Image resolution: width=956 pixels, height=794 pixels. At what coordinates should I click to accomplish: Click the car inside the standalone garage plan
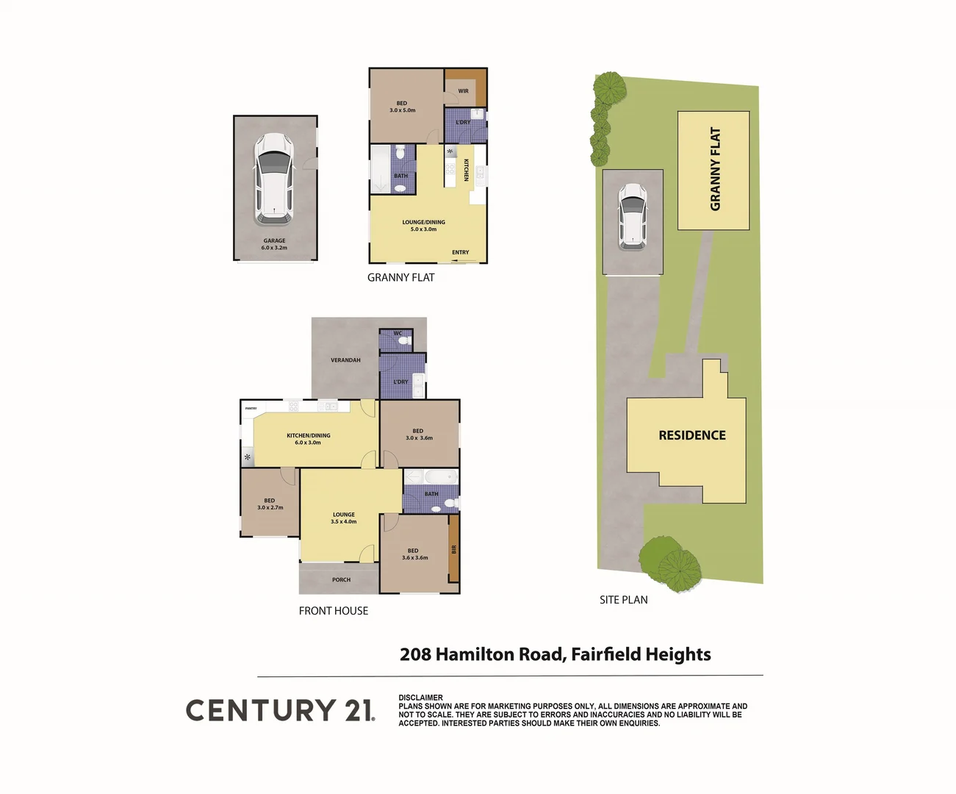pyautogui.click(x=274, y=179)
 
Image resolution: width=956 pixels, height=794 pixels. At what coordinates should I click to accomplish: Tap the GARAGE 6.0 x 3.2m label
pyautogui.click(x=274, y=244)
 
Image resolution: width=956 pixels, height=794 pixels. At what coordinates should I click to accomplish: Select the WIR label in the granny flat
pyautogui.click(x=463, y=91)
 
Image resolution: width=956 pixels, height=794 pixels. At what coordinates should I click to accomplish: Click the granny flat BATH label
pyautogui.click(x=400, y=176)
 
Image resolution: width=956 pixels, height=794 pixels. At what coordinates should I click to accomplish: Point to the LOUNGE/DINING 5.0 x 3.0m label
pyautogui.click(x=423, y=226)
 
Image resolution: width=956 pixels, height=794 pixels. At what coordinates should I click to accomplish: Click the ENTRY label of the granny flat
pyautogui.click(x=461, y=252)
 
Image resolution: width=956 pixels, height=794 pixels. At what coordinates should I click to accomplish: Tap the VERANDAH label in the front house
pyautogui.click(x=345, y=360)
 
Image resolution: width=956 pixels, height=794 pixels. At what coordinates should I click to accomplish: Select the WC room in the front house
pyautogui.click(x=398, y=339)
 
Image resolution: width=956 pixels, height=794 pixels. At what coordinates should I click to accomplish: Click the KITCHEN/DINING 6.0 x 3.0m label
pyautogui.click(x=309, y=439)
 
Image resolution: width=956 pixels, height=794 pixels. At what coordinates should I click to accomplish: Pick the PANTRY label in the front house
pyautogui.click(x=251, y=408)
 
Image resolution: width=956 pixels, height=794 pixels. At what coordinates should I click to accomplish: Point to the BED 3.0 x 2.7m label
pyautogui.click(x=270, y=504)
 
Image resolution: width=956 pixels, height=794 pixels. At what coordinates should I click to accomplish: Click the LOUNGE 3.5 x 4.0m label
pyautogui.click(x=344, y=518)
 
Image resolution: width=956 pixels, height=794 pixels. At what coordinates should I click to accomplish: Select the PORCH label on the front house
pyautogui.click(x=341, y=580)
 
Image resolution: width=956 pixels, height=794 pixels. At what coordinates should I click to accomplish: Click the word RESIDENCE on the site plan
pyautogui.click(x=691, y=435)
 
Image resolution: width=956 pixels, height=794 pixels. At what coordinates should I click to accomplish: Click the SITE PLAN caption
pyautogui.click(x=623, y=600)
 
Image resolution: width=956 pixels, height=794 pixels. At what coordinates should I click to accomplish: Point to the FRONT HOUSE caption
pyautogui.click(x=334, y=611)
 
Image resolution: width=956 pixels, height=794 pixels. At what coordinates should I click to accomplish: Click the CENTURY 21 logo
pyautogui.click(x=279, y=710)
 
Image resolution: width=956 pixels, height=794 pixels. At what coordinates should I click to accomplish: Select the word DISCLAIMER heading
pyautogui.click(x=420, y=698)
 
